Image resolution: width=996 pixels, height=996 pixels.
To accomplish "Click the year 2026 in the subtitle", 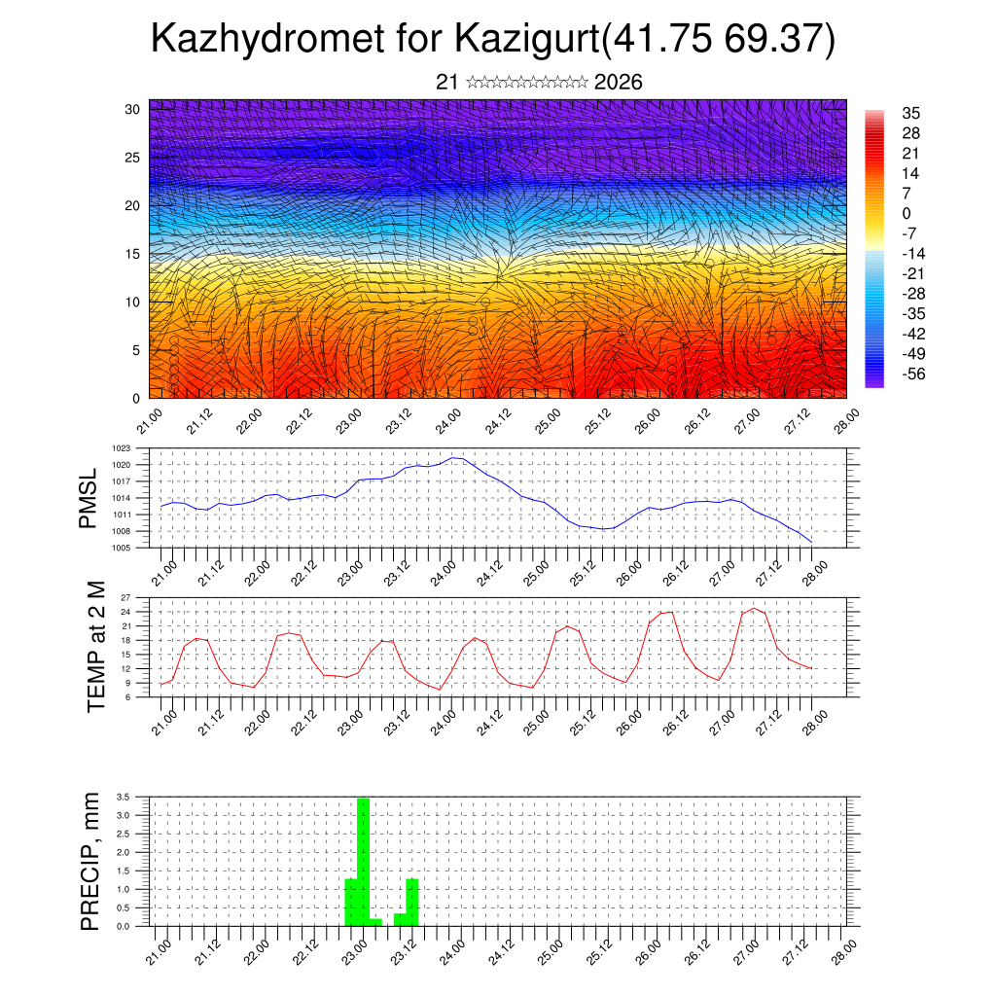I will click(618, 83).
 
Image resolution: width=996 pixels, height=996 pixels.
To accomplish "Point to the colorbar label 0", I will click(907, 213).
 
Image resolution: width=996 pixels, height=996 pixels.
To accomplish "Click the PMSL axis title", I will click(89, 498).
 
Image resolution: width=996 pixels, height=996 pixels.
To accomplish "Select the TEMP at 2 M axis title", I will click(95, 646).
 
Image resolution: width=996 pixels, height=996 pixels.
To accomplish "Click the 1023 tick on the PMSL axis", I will click(121, 448).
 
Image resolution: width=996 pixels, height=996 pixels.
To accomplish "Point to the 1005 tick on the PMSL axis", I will click(121, 549).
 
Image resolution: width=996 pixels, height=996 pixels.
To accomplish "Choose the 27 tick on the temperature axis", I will click(125, 597).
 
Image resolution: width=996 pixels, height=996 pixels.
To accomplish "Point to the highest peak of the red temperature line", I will click(753, 608).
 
